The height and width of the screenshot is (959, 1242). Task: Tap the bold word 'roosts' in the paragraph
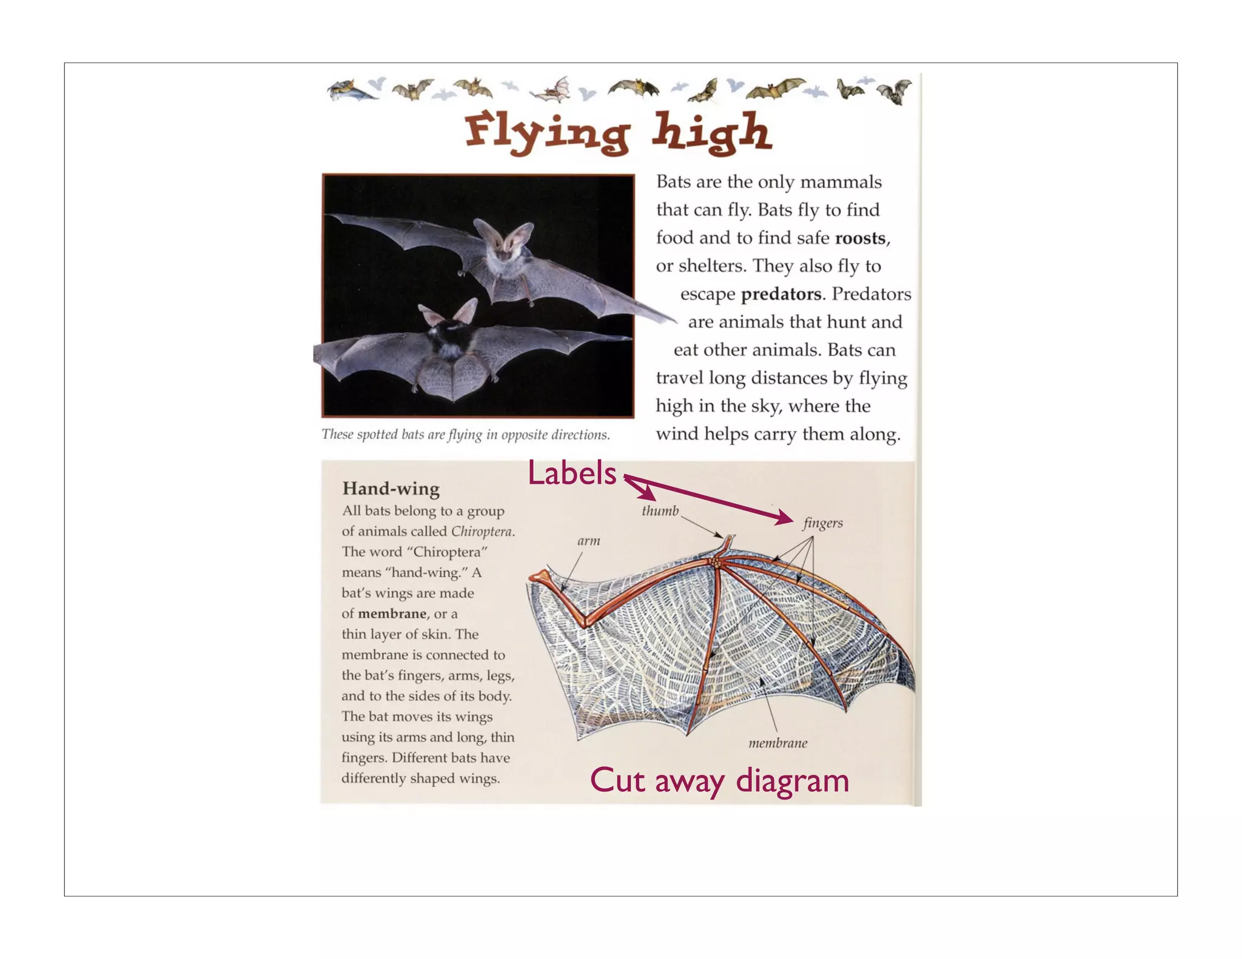tap(860, 238)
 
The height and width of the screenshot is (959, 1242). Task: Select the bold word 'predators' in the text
tap(781, 295)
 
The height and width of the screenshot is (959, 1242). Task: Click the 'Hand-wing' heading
tap(391, 489)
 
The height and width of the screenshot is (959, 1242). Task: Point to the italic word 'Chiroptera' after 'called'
tap(482, 532)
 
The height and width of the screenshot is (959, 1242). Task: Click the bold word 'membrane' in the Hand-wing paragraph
tap(392, 614)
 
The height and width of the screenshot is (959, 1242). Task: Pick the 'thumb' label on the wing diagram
tap(660, 511)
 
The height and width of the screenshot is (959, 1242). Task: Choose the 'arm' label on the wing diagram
tap(588, 541)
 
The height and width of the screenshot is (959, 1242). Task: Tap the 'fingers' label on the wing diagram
tap(822, 523)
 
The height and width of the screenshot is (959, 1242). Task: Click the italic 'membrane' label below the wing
tap(777, 743)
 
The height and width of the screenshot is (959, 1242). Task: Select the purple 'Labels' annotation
tap(571, 473)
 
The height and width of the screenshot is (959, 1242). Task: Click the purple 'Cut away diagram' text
tap(719, 781)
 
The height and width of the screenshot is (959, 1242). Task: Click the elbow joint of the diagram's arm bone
tap(586, 624)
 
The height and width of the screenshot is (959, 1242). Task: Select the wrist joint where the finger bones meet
tap(717, 564)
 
